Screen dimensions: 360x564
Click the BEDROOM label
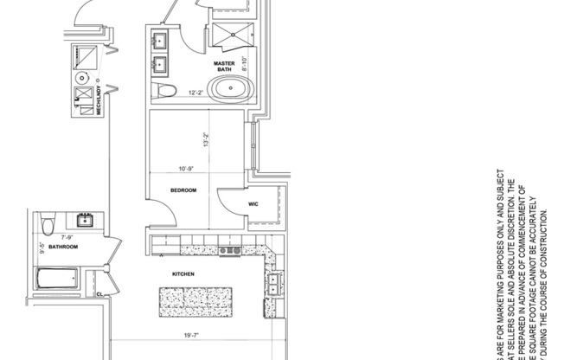pyautogui.click(x=183, y=190)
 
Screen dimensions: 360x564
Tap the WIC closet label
pyautogui.click(x=253, y=204)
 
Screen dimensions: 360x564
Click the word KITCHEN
pyautogui.click(x=183, y=274)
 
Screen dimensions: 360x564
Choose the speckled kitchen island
pyautogui.click(x=195, y=300)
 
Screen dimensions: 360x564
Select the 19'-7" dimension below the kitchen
pyautogui.click(x=191, y=337)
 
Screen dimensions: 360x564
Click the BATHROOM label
pyautogui.click(x=63, y=247)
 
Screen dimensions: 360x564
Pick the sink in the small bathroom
pyautogui.click(x=87, y=220)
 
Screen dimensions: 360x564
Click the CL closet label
pyautogui.click(x=100, y=293)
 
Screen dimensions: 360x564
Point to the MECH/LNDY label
pyautogui.click(x=99, y=100)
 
